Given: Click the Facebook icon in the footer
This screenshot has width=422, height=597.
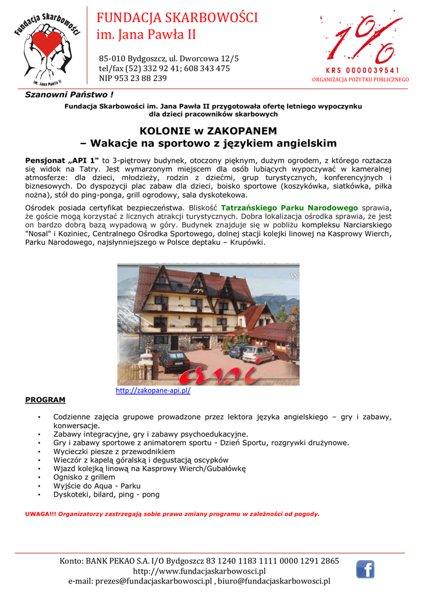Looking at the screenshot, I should (x=365, y=569).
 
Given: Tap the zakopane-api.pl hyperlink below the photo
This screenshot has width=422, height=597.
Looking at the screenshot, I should (x=153, y=391).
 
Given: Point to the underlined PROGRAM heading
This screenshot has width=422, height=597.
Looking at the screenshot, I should (x=45, y=400).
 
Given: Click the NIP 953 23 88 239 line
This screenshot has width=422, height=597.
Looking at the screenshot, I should (x=133, y=78).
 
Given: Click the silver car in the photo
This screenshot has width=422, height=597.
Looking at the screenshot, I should (x=258, y=354).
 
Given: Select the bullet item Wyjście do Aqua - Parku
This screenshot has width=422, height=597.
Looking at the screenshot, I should (x=97, y=486).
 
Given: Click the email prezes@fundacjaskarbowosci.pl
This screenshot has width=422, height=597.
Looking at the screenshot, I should (x=140, y=581).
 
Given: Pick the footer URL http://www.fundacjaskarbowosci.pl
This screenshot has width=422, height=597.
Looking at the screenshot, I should (x=199, y=571).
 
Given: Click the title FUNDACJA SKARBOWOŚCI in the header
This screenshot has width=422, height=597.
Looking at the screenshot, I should (x=177, y=17).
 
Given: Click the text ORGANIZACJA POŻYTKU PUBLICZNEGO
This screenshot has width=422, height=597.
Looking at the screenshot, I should (x=360, y=79).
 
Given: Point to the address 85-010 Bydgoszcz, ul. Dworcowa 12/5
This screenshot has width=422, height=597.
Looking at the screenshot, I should (x=169, y=58).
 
